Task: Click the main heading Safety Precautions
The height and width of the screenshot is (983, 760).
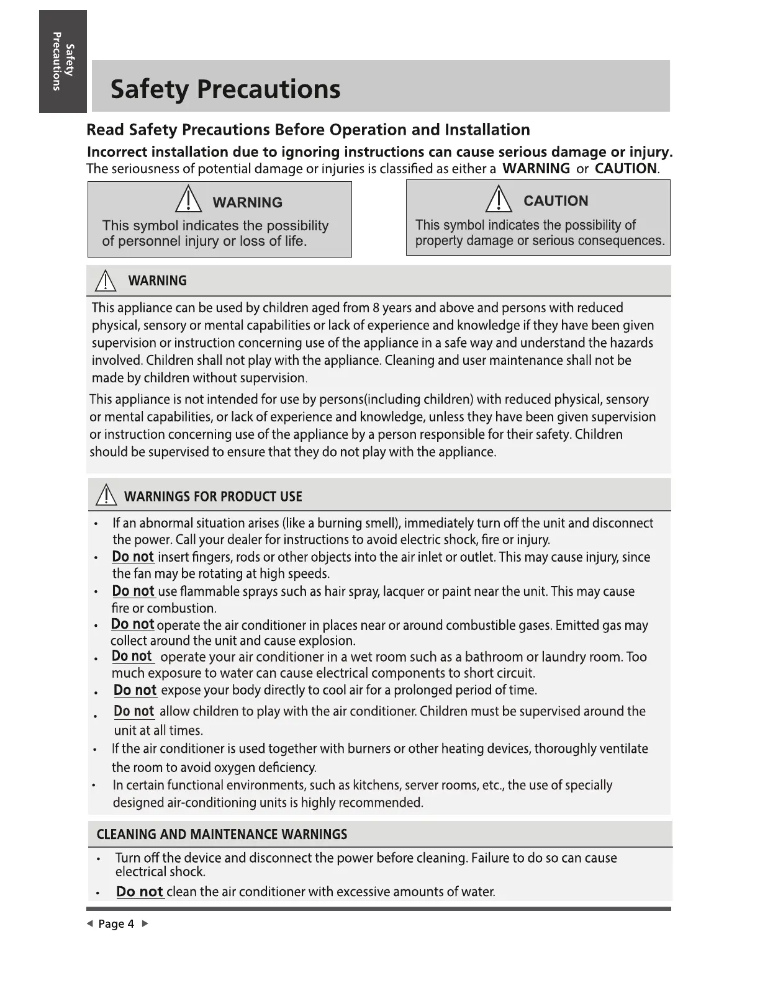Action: pos(225,89)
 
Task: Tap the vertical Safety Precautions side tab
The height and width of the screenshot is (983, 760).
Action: pos(63,61)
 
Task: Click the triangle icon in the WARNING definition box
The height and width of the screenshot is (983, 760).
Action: pos(188,201)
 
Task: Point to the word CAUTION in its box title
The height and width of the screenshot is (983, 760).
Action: pos(556,201)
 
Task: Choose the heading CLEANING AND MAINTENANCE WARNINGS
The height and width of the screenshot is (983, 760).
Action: pos(222,835)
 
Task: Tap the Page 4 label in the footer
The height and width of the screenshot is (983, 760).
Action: pos(116,924)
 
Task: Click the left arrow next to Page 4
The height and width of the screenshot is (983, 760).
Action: pos(90,924)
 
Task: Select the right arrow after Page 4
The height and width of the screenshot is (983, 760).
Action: pos(145,924)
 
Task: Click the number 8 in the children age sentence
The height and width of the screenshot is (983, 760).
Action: pos(376,308)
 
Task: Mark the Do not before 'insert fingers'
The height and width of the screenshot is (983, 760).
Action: pos(133,557)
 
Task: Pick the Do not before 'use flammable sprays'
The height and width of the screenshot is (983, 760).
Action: pos(133,591)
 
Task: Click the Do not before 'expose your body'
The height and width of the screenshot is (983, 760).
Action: pos(135,690)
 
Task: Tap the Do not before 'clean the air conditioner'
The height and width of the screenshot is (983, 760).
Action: pos(140,892)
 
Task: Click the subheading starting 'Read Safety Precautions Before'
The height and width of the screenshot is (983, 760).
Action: pos(308,130)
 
